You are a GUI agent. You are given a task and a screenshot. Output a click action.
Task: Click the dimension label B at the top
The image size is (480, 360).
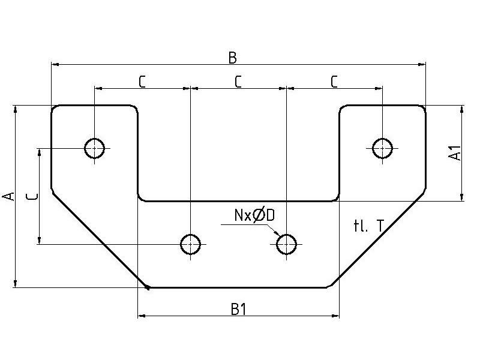pyautogui.click(x=233, y=58)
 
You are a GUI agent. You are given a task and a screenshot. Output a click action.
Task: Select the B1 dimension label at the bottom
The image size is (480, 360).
pyautogui.click(x=238, y=310)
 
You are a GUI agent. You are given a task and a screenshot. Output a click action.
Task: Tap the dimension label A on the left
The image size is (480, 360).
pyautogui.click(x=8, y=196)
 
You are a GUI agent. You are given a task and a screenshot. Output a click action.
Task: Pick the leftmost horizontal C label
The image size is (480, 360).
pyautogui.click(x=142, y=82)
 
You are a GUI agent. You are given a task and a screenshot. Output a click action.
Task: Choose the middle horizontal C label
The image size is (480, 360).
pyautogui.click(x=238, y=82)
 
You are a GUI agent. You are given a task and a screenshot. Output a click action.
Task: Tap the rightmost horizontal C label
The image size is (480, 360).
pyautogui.click(x=334, y=82)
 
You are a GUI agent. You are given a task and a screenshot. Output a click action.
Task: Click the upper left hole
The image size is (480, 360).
pyautogui.click(x=94, y=147)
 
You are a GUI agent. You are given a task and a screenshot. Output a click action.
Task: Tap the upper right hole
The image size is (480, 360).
pyautogui.click(x=382, y=147)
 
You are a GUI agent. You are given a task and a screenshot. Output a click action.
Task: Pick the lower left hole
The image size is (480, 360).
pyautogui.click(x=190, y=244)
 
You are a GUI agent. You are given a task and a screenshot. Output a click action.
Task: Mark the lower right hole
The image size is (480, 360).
pyautogui.click(x=286, y=244)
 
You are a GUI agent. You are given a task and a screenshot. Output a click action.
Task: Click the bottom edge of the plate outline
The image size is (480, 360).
pyautogui.click(x=238, y=287)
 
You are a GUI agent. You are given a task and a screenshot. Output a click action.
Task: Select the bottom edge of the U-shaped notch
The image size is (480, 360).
pyautogui.click(x=238, y=200)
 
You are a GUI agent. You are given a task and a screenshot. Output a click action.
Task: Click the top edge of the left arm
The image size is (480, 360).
pyautogui.click(x=94, y=106)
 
